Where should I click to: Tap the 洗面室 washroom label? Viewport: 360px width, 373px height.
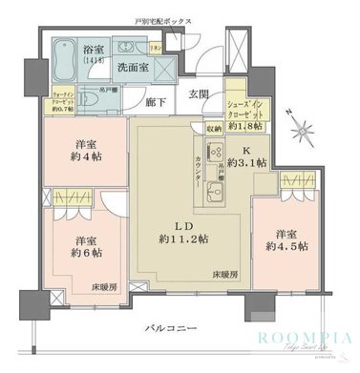click(130, 69)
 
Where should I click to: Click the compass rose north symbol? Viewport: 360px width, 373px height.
click(301, 127)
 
